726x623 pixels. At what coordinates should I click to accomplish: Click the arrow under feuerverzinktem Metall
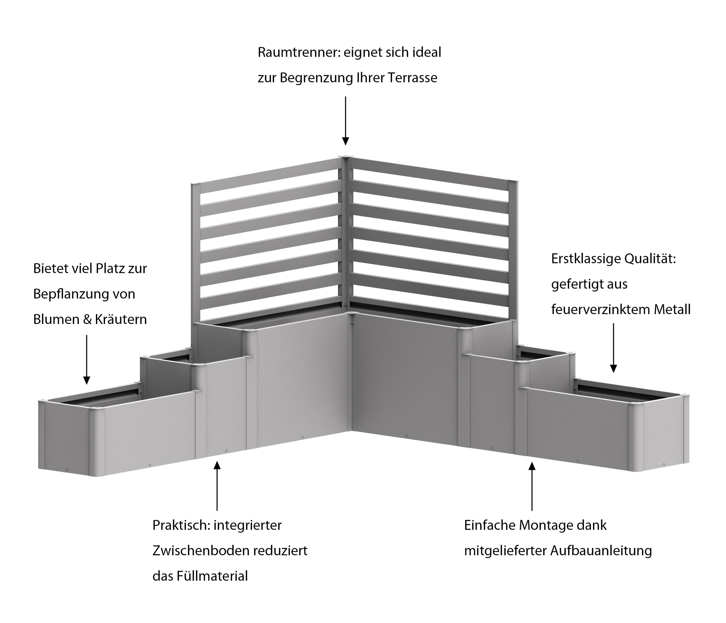click(613, 348)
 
